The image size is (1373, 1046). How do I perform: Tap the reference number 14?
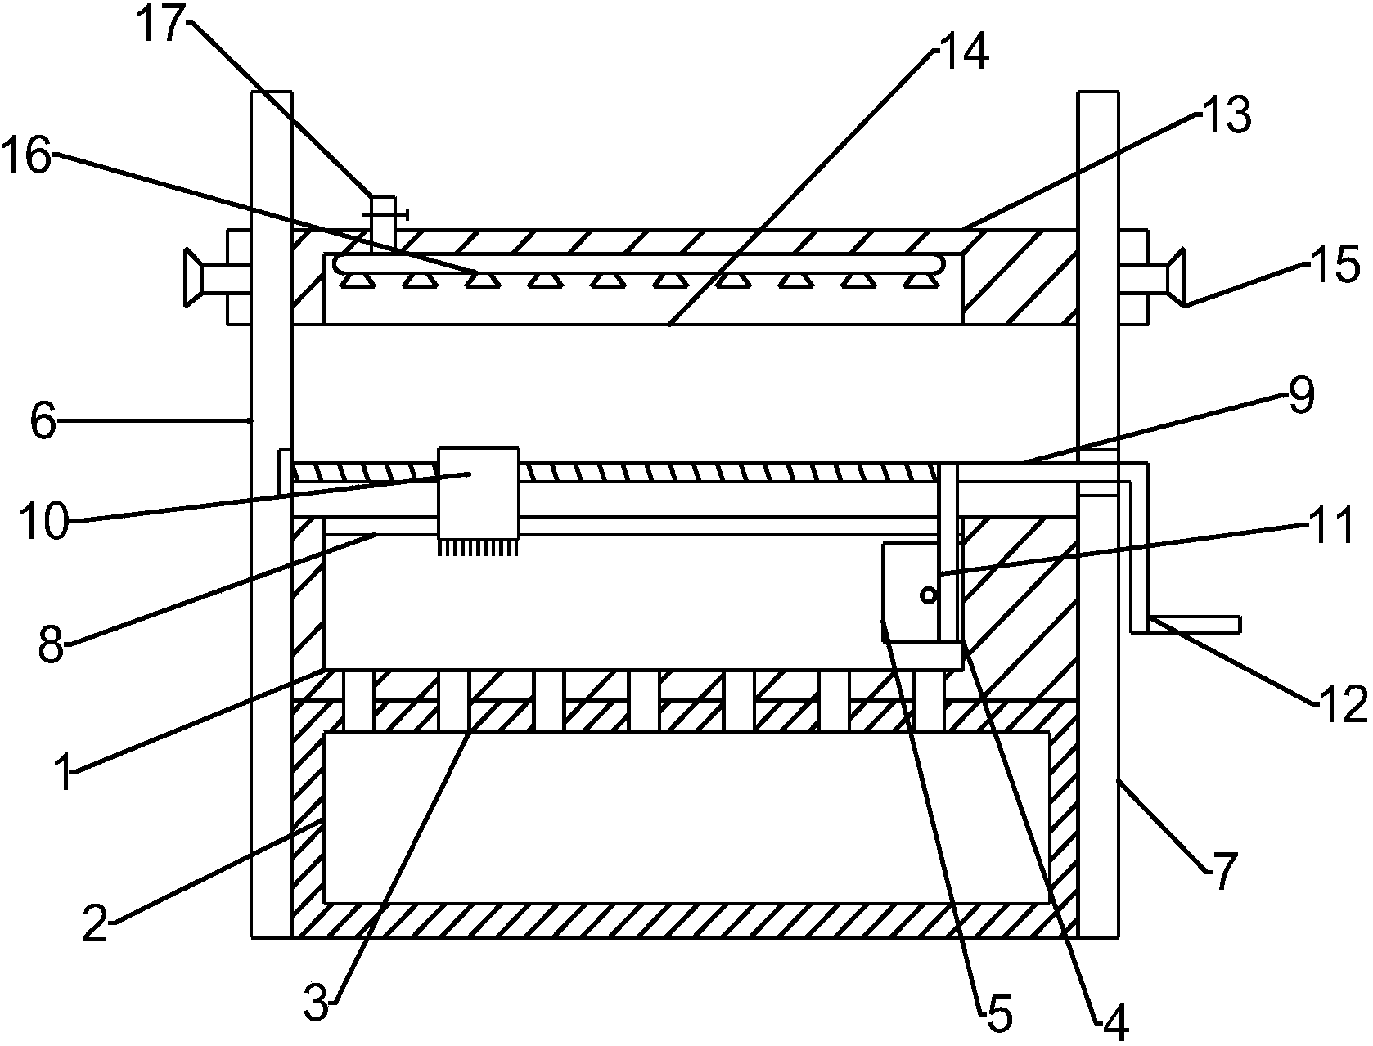(x=964, y=51)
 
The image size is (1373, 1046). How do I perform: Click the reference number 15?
(x=1335, y=267)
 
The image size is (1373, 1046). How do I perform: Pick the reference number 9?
(x=1300, y=395)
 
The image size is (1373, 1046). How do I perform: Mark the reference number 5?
(x=997, y=1015)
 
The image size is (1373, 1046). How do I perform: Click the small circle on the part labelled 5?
(x=928, y=595)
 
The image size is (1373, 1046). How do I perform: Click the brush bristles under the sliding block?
(x=479, y=547)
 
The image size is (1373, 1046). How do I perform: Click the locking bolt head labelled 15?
(x=1177, y=278)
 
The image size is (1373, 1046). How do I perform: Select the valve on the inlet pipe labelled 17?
(x=383, y=214)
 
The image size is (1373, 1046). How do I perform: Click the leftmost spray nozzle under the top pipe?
(x=353, y=281)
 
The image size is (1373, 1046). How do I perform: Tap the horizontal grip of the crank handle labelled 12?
(x=1195, y=625)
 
